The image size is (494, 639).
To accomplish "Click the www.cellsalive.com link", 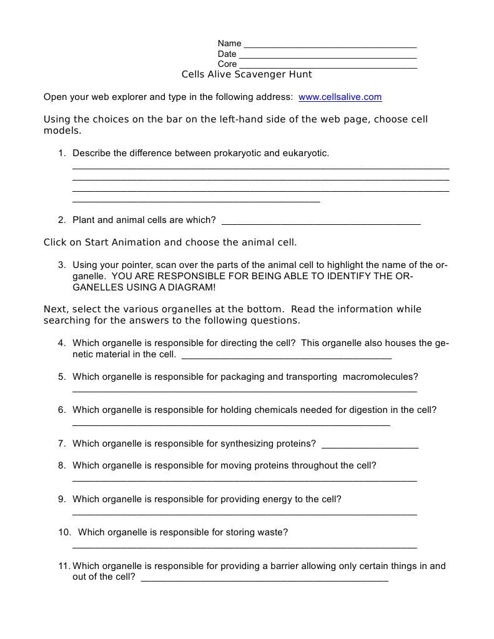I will [x=340, y=97].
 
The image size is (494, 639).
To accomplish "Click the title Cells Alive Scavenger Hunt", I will [x=247, y=74].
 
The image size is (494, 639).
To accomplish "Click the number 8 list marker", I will [x=62, y=466].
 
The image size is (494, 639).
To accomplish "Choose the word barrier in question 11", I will [x=284, y=567].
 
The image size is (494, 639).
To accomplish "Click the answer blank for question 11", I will [x=264, y=580].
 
